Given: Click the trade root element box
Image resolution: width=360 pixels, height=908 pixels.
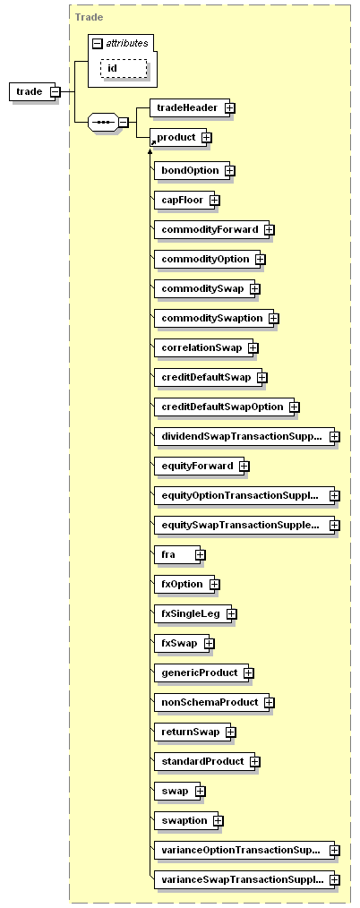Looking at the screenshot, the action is pos(33,91).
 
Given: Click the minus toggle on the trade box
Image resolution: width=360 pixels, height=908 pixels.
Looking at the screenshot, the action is pos(55,91).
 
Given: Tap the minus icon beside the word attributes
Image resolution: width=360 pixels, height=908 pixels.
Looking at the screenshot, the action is pos(98,43).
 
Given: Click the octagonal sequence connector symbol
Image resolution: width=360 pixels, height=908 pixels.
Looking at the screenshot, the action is pos(104,122).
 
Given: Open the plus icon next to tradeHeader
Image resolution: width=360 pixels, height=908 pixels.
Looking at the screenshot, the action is pos(230,107).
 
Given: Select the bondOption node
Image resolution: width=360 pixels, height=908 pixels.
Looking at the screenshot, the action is pos(192,171).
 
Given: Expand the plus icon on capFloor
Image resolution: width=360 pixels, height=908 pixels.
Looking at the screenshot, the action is pos(214,201).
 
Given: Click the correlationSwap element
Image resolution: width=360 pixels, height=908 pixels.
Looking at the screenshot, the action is pos(203,348).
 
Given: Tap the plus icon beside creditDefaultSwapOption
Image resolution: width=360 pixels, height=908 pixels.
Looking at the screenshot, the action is pos(294,407).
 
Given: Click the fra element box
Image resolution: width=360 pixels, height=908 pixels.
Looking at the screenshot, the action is pos(176,555).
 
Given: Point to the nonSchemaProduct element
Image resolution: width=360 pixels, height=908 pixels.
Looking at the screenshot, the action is pos(211,702).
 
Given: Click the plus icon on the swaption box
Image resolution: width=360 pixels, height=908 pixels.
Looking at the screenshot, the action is pos(219,820).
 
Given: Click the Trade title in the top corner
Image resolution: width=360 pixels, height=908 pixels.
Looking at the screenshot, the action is pos(90,17).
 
